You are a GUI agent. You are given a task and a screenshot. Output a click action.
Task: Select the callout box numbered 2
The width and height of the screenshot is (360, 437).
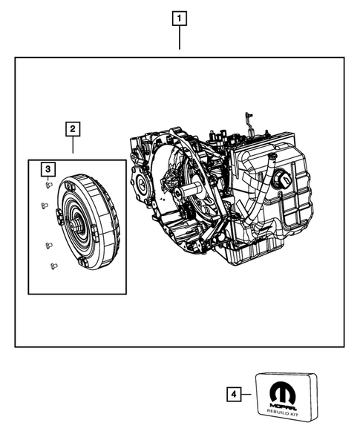[x=73, y=130]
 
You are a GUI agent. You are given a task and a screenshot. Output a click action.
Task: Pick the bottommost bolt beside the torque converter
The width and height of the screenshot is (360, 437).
[x=53, y=265]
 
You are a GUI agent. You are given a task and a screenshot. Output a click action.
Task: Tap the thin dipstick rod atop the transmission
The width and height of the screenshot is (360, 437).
[x=245, y=122]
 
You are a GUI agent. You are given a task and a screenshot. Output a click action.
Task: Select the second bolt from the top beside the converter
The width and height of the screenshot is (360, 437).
[x=43, y=206]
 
